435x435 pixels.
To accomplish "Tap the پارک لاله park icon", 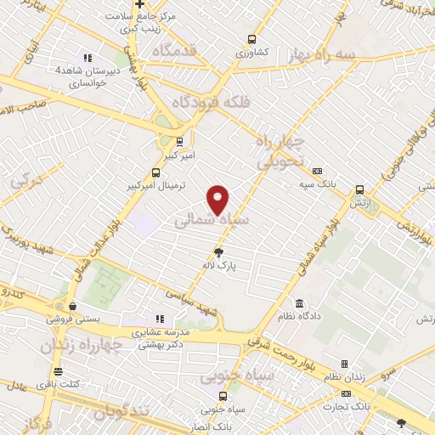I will pyautogui.click(x=218, y=251).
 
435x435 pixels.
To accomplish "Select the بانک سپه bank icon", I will pyautogui.click(x=317, y=170).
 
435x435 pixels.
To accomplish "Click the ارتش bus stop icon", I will pyautogui.click(x=360, y=190).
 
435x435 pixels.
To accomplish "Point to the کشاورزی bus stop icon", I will pyautogui.click(x=251, y=38).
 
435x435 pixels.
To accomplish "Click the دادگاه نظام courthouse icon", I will pyautogui.click(x=299, y=303).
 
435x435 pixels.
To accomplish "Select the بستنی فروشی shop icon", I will pyautogui.click(x=73, y=307).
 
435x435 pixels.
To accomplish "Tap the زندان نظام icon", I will pyautogui.click(x=344, y=364).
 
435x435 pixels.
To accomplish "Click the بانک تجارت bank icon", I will pyautogui.click(x=345, y=394).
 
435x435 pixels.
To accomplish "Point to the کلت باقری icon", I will pyautogui.click(x=58, y=371).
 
